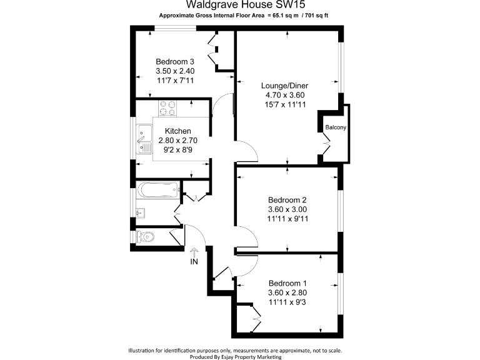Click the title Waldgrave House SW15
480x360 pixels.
[x=239, y=4]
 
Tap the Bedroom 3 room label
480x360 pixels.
[x=174, y=61]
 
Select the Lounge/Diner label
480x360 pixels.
[x=284, y=86]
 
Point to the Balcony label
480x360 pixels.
[x=336, y=127]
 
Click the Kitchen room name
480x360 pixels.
[x=177, y=131]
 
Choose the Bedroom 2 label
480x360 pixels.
[x=287, y=199]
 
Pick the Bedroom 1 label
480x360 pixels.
[x=287, y=282]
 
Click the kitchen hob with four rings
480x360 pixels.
[x=167, y=108]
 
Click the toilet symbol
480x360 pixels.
[x=144, y=237]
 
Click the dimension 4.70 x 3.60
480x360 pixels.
[x=284, y=95]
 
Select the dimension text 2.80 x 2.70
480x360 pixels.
[x=177, y=141]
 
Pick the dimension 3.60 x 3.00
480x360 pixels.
[x=287, y=209]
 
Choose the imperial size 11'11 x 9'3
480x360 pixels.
[x=287, y=302]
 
